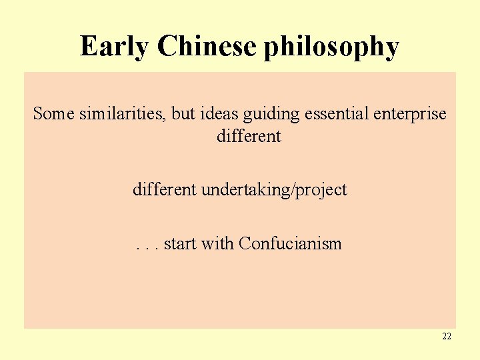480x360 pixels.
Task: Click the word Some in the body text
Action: tap(54, 114)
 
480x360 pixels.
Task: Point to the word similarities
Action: tap(122, 114)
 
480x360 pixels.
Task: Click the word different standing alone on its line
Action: tap(249, 137)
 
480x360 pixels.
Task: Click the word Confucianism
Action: tap(290, 244)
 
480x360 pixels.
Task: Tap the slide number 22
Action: tap(446, 337)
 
